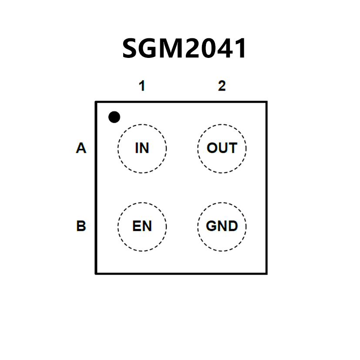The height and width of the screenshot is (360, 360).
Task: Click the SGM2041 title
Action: pos(185,48)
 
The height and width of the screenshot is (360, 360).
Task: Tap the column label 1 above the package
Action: pos(141,86)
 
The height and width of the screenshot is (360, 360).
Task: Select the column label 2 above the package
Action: pos(222,86)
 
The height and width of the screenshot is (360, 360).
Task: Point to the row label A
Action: pos(81,148)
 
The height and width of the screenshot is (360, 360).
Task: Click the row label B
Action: pos(81,226)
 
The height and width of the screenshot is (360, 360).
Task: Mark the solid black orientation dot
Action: pos(114,117)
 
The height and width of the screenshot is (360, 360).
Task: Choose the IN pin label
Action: pos(142,148)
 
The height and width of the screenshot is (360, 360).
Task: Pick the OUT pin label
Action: pos(222,148)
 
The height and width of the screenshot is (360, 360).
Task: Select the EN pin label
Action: pos(142,226)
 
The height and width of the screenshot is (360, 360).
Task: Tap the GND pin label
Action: pos(222,226)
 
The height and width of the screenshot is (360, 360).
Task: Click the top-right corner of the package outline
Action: pos(266,102)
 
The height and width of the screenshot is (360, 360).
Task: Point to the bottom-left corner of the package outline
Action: pos(96,273)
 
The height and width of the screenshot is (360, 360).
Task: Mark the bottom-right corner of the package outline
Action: pos(266,273)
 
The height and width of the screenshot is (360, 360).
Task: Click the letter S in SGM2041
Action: pos(131,48)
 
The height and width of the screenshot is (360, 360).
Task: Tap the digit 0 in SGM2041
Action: pos(202,48)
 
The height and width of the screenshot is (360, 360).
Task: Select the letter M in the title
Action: pos(167,48)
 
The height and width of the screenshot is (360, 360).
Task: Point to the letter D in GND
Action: pos(232,226)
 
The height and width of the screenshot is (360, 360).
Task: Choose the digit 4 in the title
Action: pos(221,48)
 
